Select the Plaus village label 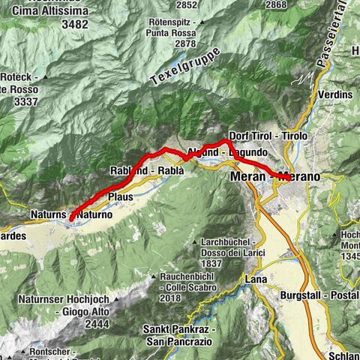[x=121, y=196]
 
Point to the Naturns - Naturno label [x=72, y=214]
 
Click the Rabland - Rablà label [x=147, y=170]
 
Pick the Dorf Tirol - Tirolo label [x=268, y=136]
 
